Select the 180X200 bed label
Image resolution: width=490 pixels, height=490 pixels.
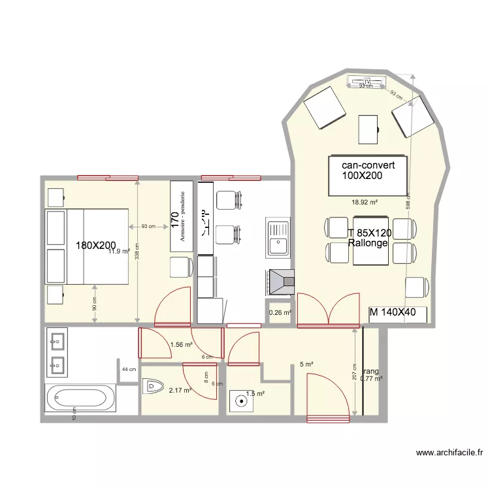click(96, 246)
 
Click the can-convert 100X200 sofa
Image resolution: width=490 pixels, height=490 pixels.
click(369, 175)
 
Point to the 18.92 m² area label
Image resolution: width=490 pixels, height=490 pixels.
click(365, 203)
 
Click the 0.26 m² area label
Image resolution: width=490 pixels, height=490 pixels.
click(279, 312)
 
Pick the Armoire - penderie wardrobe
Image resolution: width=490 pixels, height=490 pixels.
click(182, 216)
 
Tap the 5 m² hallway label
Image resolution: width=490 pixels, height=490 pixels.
click(306, 364)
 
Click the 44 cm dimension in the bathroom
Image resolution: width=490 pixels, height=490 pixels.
click(129, 370)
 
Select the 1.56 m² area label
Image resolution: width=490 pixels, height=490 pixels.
click(181, 344)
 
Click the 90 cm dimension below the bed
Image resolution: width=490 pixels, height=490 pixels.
click(95, 303)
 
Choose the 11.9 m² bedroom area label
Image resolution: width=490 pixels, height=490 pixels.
click(120, 251)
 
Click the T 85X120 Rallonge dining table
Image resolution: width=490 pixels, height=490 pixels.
click(370, 238)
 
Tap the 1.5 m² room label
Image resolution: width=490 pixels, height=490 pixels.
click(255, 394)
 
